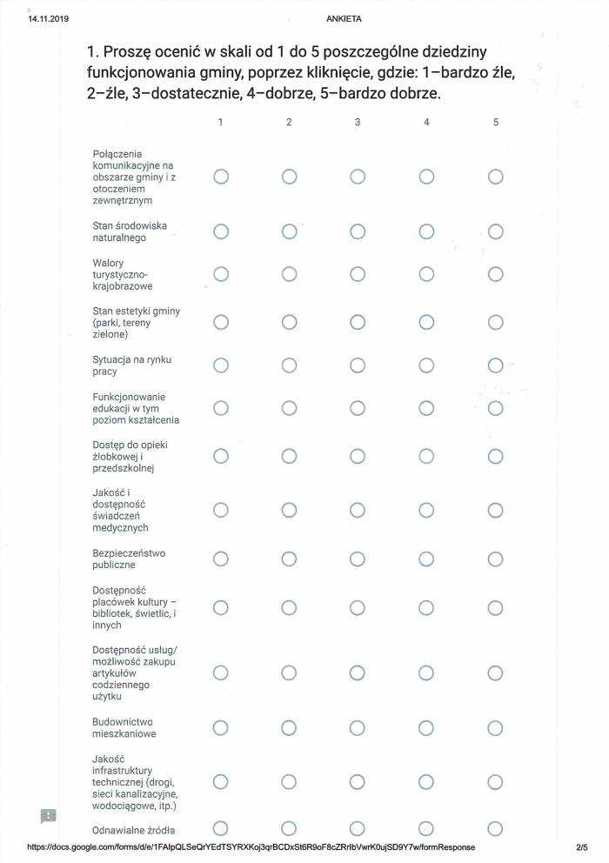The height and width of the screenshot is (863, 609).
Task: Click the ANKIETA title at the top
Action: pyautogui.click(x=344, y=18)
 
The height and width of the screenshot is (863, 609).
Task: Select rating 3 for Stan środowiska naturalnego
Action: pyautogui.click(x=358, y=231)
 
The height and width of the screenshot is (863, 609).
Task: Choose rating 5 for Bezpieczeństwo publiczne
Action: pyautogui.click(x=495, y=559)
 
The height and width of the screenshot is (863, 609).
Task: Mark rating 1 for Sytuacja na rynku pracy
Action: pyautogui.click(x=221, y=365)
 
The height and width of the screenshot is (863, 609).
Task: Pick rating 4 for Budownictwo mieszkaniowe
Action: pyautogui.click(x=426, y=727)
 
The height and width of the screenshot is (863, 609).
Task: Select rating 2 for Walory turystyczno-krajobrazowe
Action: pyautogui.click(x=290, y=274)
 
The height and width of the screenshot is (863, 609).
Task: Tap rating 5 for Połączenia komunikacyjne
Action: pyautogui.click(x=495, y=177)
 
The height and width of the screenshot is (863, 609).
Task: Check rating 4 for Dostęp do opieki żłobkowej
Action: pyautogui.click(x=426, y=456)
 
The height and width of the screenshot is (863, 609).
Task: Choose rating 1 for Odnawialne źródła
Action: pyautogui.click(x=221, y=828)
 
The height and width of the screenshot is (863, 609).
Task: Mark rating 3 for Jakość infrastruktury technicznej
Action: pyautogui.click(x=358, y=781)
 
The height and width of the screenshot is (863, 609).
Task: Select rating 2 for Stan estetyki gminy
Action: pyautogui.click(x=290, y=322)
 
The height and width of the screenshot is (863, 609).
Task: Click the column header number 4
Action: pyautogui.click(x=426, y=123)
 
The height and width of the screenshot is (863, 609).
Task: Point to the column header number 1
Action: pyautogui.click(x=221, y=123)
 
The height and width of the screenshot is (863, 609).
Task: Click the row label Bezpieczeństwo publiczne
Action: pyautogui.click(x=128, y=559)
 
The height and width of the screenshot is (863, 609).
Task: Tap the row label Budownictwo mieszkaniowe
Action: pyautogui.click(x=124, y=727)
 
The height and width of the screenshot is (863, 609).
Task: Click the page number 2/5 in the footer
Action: pyautogui.click(x=581, y=847)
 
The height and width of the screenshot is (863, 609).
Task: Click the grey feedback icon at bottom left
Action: pyautogui.click(x=49, y=816)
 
